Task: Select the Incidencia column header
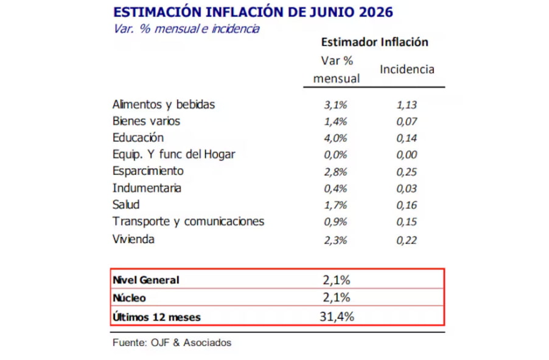[407, 69]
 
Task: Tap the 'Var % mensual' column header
[337, 69]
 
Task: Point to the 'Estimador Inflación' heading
[375, 42]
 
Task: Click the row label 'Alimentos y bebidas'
[164, 104]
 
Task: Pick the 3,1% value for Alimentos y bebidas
[335, 105]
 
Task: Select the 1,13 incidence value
[407, 105]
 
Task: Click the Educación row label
[138, 138]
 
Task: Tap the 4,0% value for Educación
[335, 138]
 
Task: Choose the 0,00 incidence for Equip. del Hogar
[407, 155]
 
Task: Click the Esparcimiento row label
[148, 171]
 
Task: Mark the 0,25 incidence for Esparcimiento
[407, 172]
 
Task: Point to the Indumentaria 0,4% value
[335, 189]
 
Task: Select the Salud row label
[126, 204]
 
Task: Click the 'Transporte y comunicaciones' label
[188, 222]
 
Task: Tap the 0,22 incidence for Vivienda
[407, 240]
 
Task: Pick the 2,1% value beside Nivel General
[337, 280]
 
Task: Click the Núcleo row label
[129, 298]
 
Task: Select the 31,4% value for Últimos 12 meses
[337, 317]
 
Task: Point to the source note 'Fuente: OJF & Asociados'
[172, 342]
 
